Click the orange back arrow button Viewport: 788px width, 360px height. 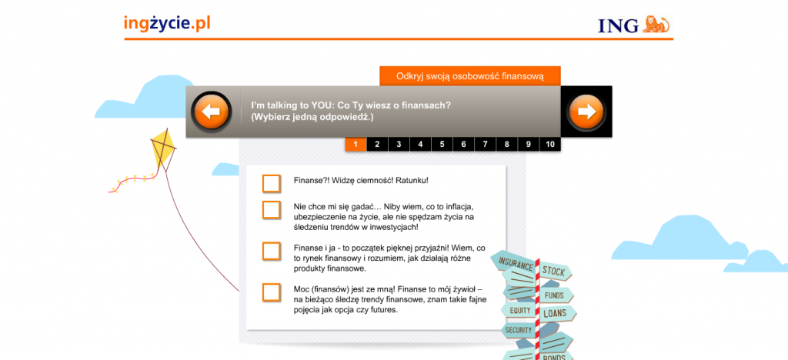tap(212, 112)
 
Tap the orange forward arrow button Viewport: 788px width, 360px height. tap(586, 112)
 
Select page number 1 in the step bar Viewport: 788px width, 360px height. tap(356, 145)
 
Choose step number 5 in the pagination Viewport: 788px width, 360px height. tap(442, 145)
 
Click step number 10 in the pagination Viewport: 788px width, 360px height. tap(550, 145)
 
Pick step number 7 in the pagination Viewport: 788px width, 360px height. tap(486, 145)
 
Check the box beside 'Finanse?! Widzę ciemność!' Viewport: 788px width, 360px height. tap(272, 183)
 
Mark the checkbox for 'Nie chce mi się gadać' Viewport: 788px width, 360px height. tap(272, 210)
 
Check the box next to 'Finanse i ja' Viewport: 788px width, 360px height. tap(272, 251)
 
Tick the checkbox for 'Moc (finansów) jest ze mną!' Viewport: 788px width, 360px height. tap(272, 293)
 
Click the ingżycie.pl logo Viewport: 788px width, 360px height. tap(167, 24)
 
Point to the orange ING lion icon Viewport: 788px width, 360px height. tap(656, 24)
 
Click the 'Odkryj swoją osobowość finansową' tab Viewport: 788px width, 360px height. tap(470, 76)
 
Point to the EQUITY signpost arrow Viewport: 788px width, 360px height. tap(519, 310)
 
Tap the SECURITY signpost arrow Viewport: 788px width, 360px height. tap(518, 330)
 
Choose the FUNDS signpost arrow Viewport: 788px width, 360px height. tap(556, 295)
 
